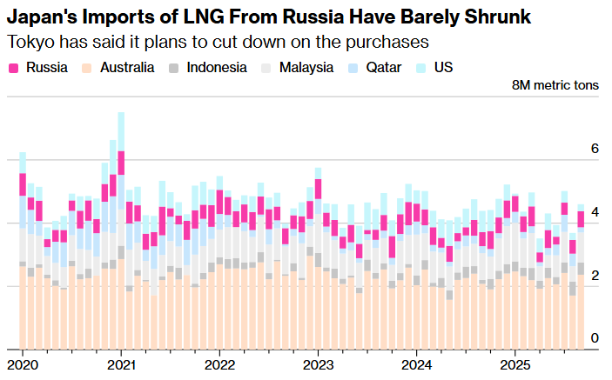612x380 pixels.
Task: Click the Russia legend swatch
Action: click(x=14, y=67)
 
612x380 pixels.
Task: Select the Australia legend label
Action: click(x=129, y=67)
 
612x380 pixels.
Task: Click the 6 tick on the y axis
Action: click(x=595, y=149)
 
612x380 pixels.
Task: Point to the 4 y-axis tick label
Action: click(x=595, y=212)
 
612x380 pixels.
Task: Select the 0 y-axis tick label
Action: click(x=595, y=338)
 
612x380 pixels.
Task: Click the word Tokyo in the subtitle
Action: click(x=29, y=42)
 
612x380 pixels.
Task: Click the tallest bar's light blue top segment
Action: click(x=121, y=131)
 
